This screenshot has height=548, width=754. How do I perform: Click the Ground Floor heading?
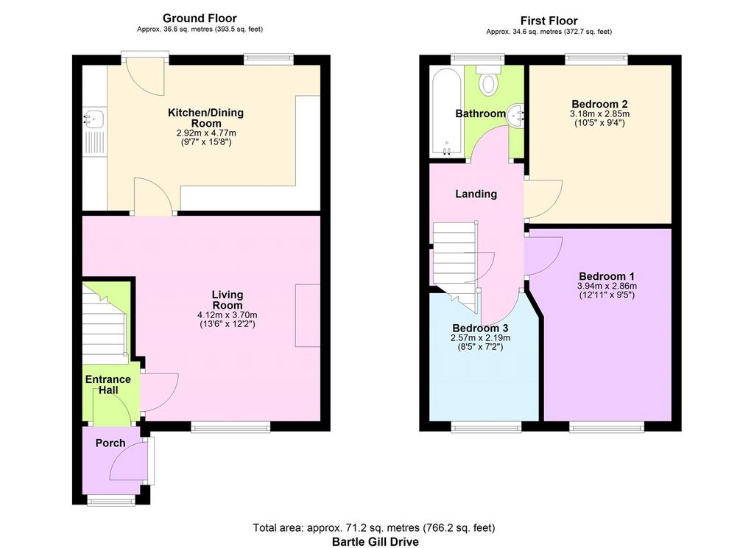click(x=200, y=18)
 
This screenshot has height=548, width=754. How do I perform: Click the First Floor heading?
click(x=549, y=21)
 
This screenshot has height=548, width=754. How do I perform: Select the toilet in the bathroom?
click(x=489, y=80)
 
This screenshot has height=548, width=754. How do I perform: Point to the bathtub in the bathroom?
click(x=447, y=112)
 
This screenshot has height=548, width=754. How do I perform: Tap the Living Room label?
click(x=228, y=300)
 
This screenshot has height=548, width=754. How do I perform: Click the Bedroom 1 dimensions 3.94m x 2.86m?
click(x=607, y=286)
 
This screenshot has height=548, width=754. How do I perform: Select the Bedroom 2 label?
click(x=599, y=104)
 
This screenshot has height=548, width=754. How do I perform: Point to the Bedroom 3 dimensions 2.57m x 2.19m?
click(x=480, y=338)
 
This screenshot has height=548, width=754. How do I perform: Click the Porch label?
click(x=110, y=443)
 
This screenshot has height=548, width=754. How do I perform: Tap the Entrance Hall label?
click(x=108, y=385)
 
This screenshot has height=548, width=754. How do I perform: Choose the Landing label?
click(x=476, y=194)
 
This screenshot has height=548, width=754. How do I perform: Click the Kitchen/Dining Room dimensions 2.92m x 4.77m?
click(x=206, y=133)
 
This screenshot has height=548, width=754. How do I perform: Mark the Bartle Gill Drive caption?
click(x=375, y=542)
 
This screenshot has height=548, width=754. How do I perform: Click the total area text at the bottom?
click(x=374, y=528)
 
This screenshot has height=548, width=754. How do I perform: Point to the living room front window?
click(x=230, y=426)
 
